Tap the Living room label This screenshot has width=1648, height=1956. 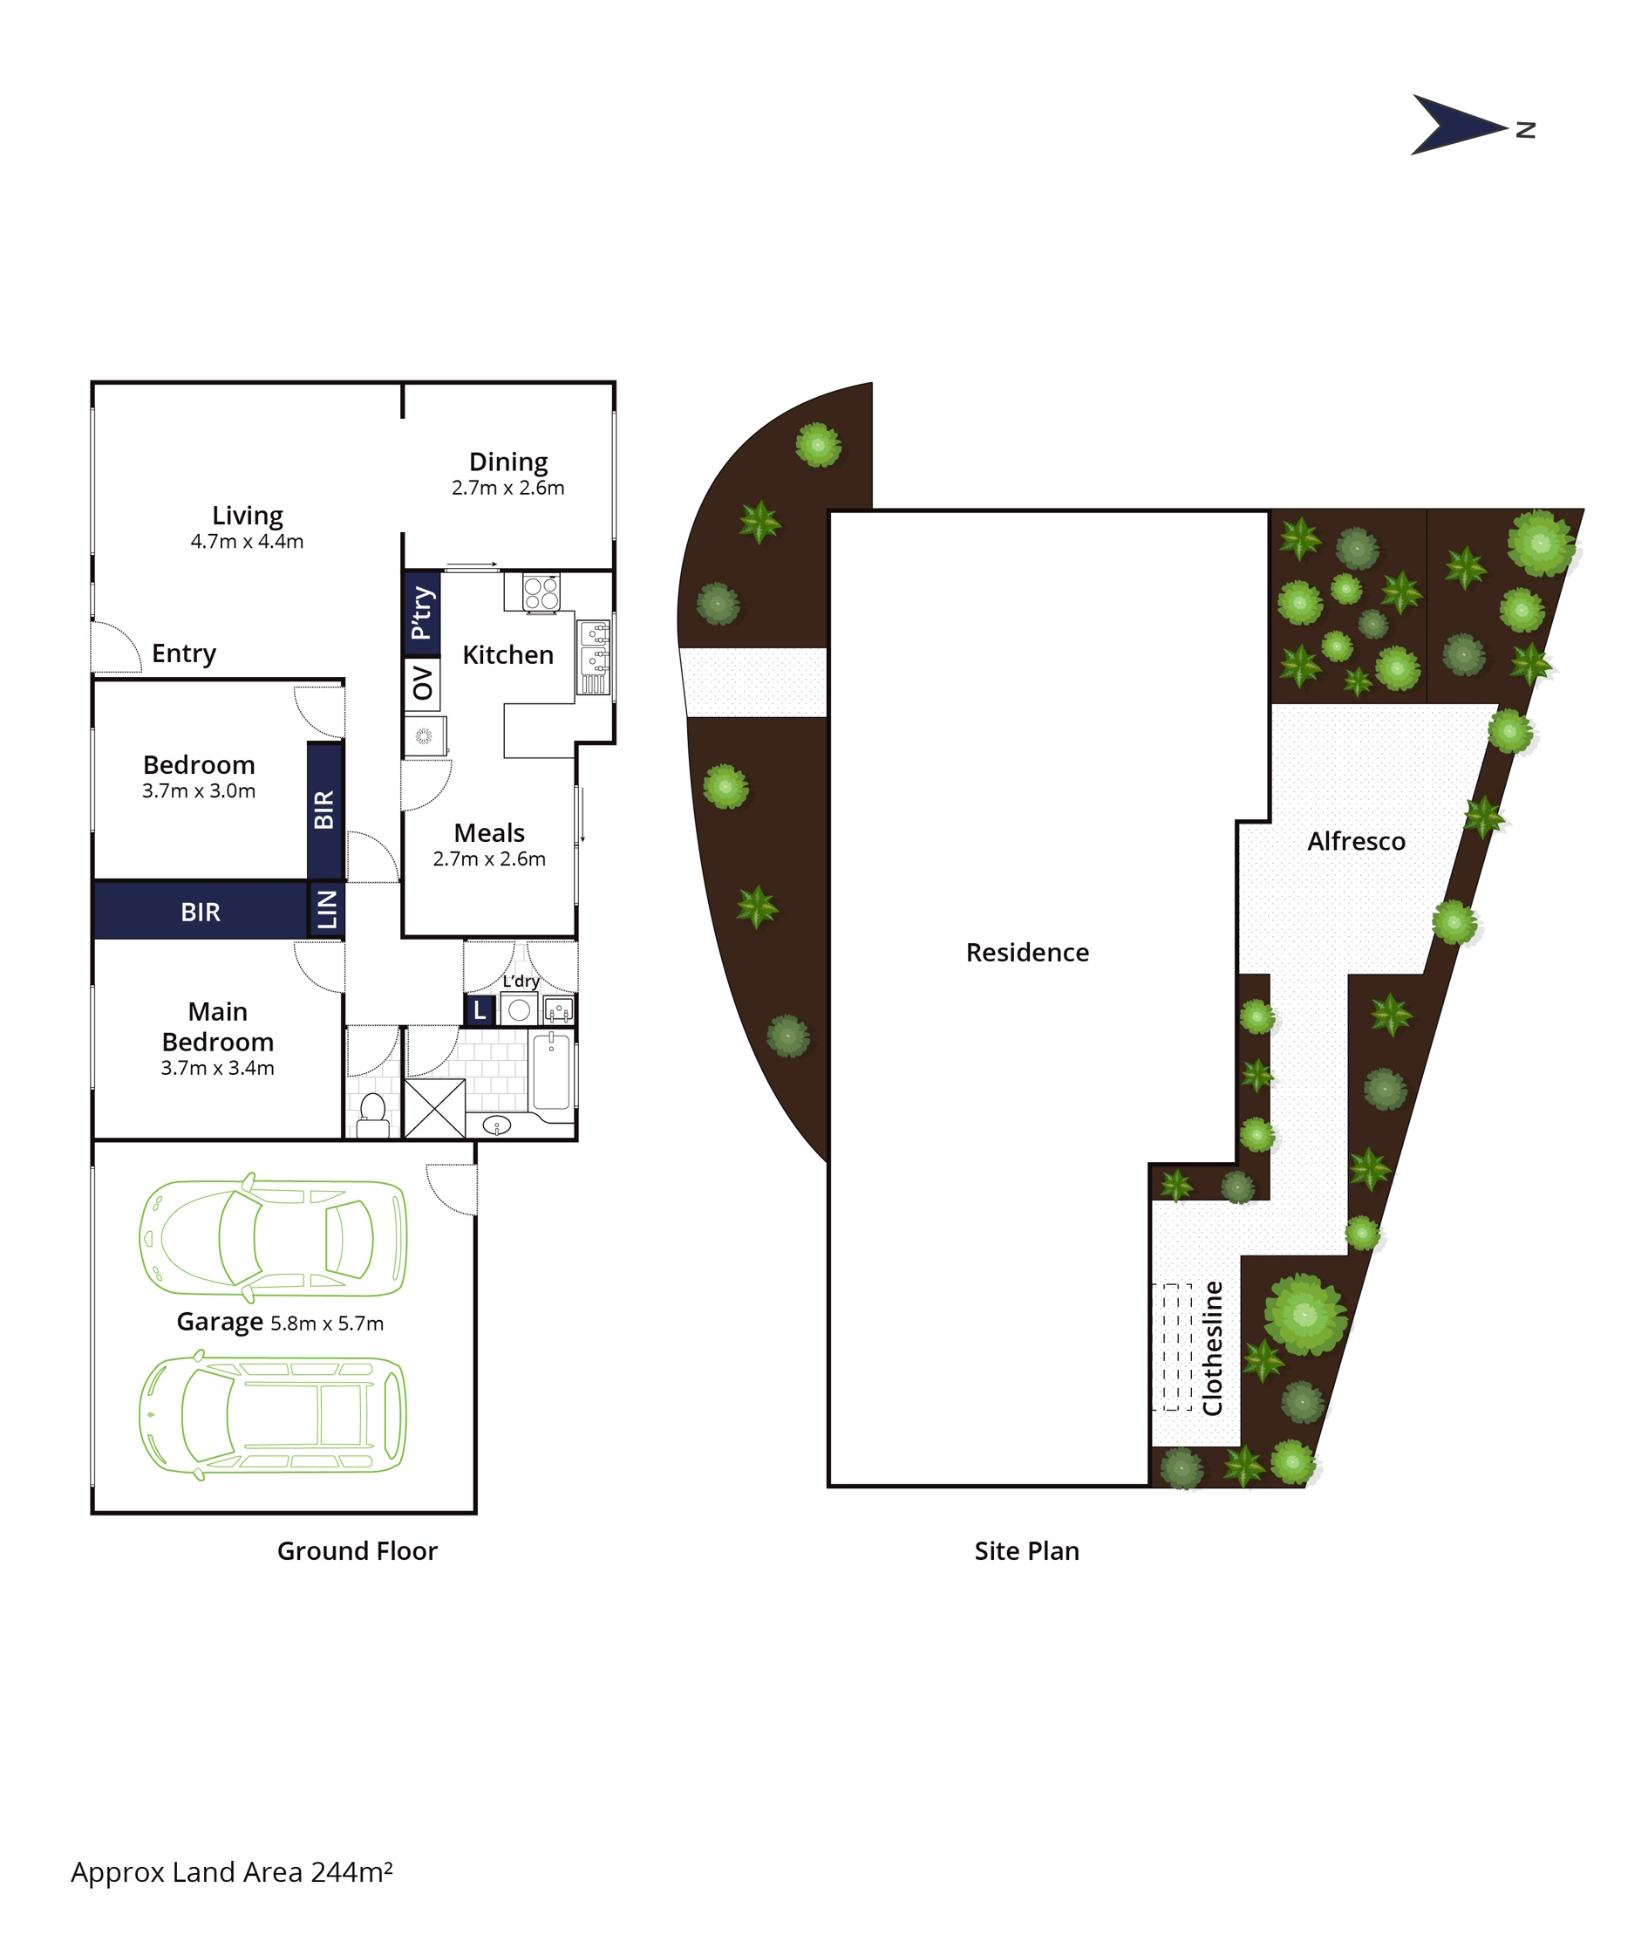[x=248, y=516]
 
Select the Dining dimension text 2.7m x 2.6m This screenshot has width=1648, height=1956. [x=508, y=488]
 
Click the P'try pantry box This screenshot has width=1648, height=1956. [x=421, y=612]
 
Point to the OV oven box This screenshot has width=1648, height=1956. [x=422, y=683]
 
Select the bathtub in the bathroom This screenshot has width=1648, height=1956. [x=551, y=1071]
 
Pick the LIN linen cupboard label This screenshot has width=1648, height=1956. [x=327, y=909]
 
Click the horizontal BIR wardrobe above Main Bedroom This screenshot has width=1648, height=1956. [x=201, y=911]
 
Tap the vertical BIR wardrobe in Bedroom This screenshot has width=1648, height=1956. [x=325, y=810]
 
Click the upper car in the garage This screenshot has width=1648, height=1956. [x=273, y=1238]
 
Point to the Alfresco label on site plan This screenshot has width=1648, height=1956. [x=1356, y=841]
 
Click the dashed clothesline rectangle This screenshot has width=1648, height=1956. [x=1172, y=1347]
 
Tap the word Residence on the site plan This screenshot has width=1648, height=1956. [x=1027, y=953]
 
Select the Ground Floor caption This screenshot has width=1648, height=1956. [x=357, y=1551]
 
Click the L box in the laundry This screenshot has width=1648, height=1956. [x=480, y=1010]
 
